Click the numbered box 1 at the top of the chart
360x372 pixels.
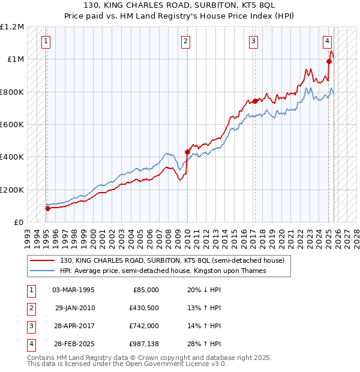click(46, 41)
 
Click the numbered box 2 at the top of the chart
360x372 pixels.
click(186, 41)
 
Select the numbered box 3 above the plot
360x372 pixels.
click(254, 41)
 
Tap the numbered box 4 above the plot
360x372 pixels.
click(328, 41)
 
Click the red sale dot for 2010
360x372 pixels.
click(187, 152)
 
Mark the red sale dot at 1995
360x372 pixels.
click(48, 208)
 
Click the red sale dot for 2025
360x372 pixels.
click(329, 61)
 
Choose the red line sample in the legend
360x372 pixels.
click(43, 261)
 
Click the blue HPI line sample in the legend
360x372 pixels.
click(43, 271)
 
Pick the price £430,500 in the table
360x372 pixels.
click(143, 308)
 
